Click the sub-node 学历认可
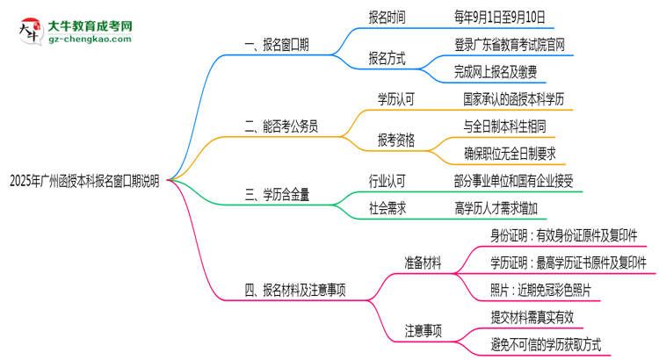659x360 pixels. tap(395, 99)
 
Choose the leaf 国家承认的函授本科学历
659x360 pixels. tap(518, 99)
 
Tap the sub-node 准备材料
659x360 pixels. tap(422, 263)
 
